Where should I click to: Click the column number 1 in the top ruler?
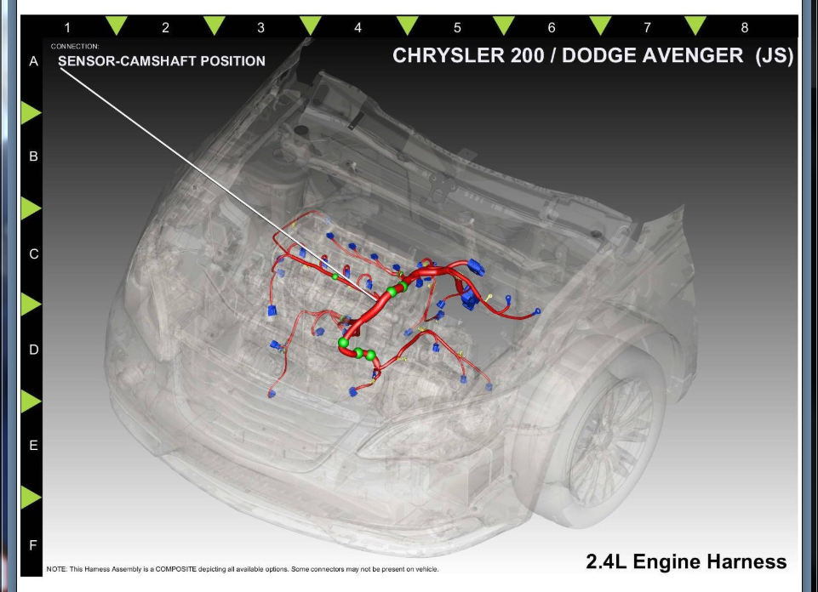[x=67, y=28]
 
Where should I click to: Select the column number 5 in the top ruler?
[x=457, y=28]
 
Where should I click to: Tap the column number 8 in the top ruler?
[x=744, y=28]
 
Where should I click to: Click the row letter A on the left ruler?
[x=33, y=61]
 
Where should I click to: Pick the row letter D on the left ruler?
[x=33, y=350]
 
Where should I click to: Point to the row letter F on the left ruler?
[x=33, y=544]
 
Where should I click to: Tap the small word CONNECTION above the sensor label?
[x=75, y=46]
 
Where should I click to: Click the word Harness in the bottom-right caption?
[x=752, y=562]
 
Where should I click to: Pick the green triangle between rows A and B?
[x=30, y=111]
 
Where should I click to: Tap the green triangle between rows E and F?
[x=30, y=497]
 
